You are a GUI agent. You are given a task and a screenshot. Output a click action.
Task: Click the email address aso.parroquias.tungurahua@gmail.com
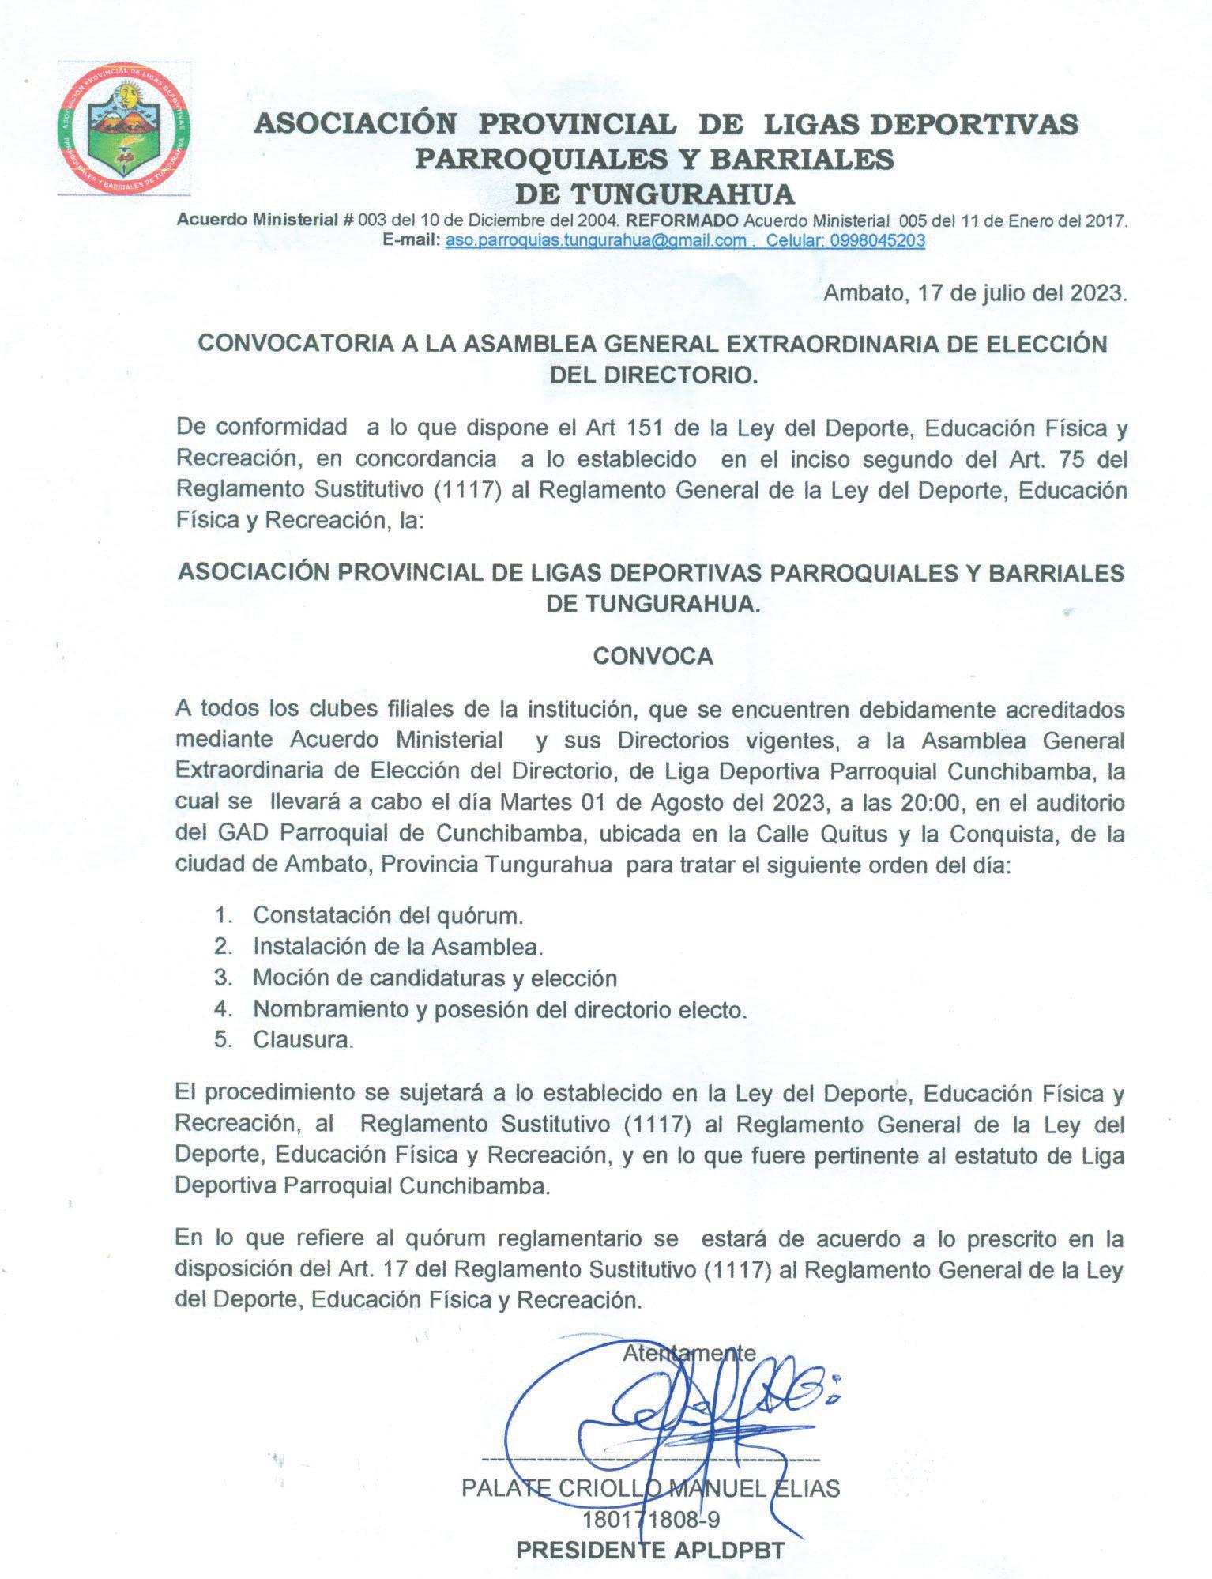tap(596, 241)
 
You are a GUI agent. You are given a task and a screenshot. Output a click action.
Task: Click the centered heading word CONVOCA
tap(653, 657)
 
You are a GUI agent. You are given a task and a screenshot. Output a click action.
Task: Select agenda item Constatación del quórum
tap(388, 915)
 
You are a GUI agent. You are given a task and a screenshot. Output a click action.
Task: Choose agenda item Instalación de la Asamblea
tap(397, 946)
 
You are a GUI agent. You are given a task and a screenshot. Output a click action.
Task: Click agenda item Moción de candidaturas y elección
tap(435, 978)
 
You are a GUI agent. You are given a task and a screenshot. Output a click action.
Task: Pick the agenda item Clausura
tap(303, 1040)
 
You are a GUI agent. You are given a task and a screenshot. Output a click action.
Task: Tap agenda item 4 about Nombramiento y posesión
tap(499, 1009)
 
